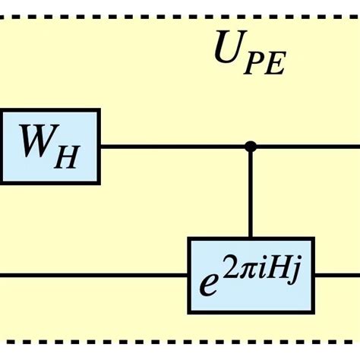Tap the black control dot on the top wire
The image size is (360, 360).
point(251,147)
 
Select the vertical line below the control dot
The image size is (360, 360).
point(251,194)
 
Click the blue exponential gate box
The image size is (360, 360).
point(251,274)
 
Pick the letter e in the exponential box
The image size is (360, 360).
point(208,282)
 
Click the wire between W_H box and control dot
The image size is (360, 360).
point(175,147)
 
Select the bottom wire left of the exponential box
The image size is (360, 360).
point(91,274)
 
